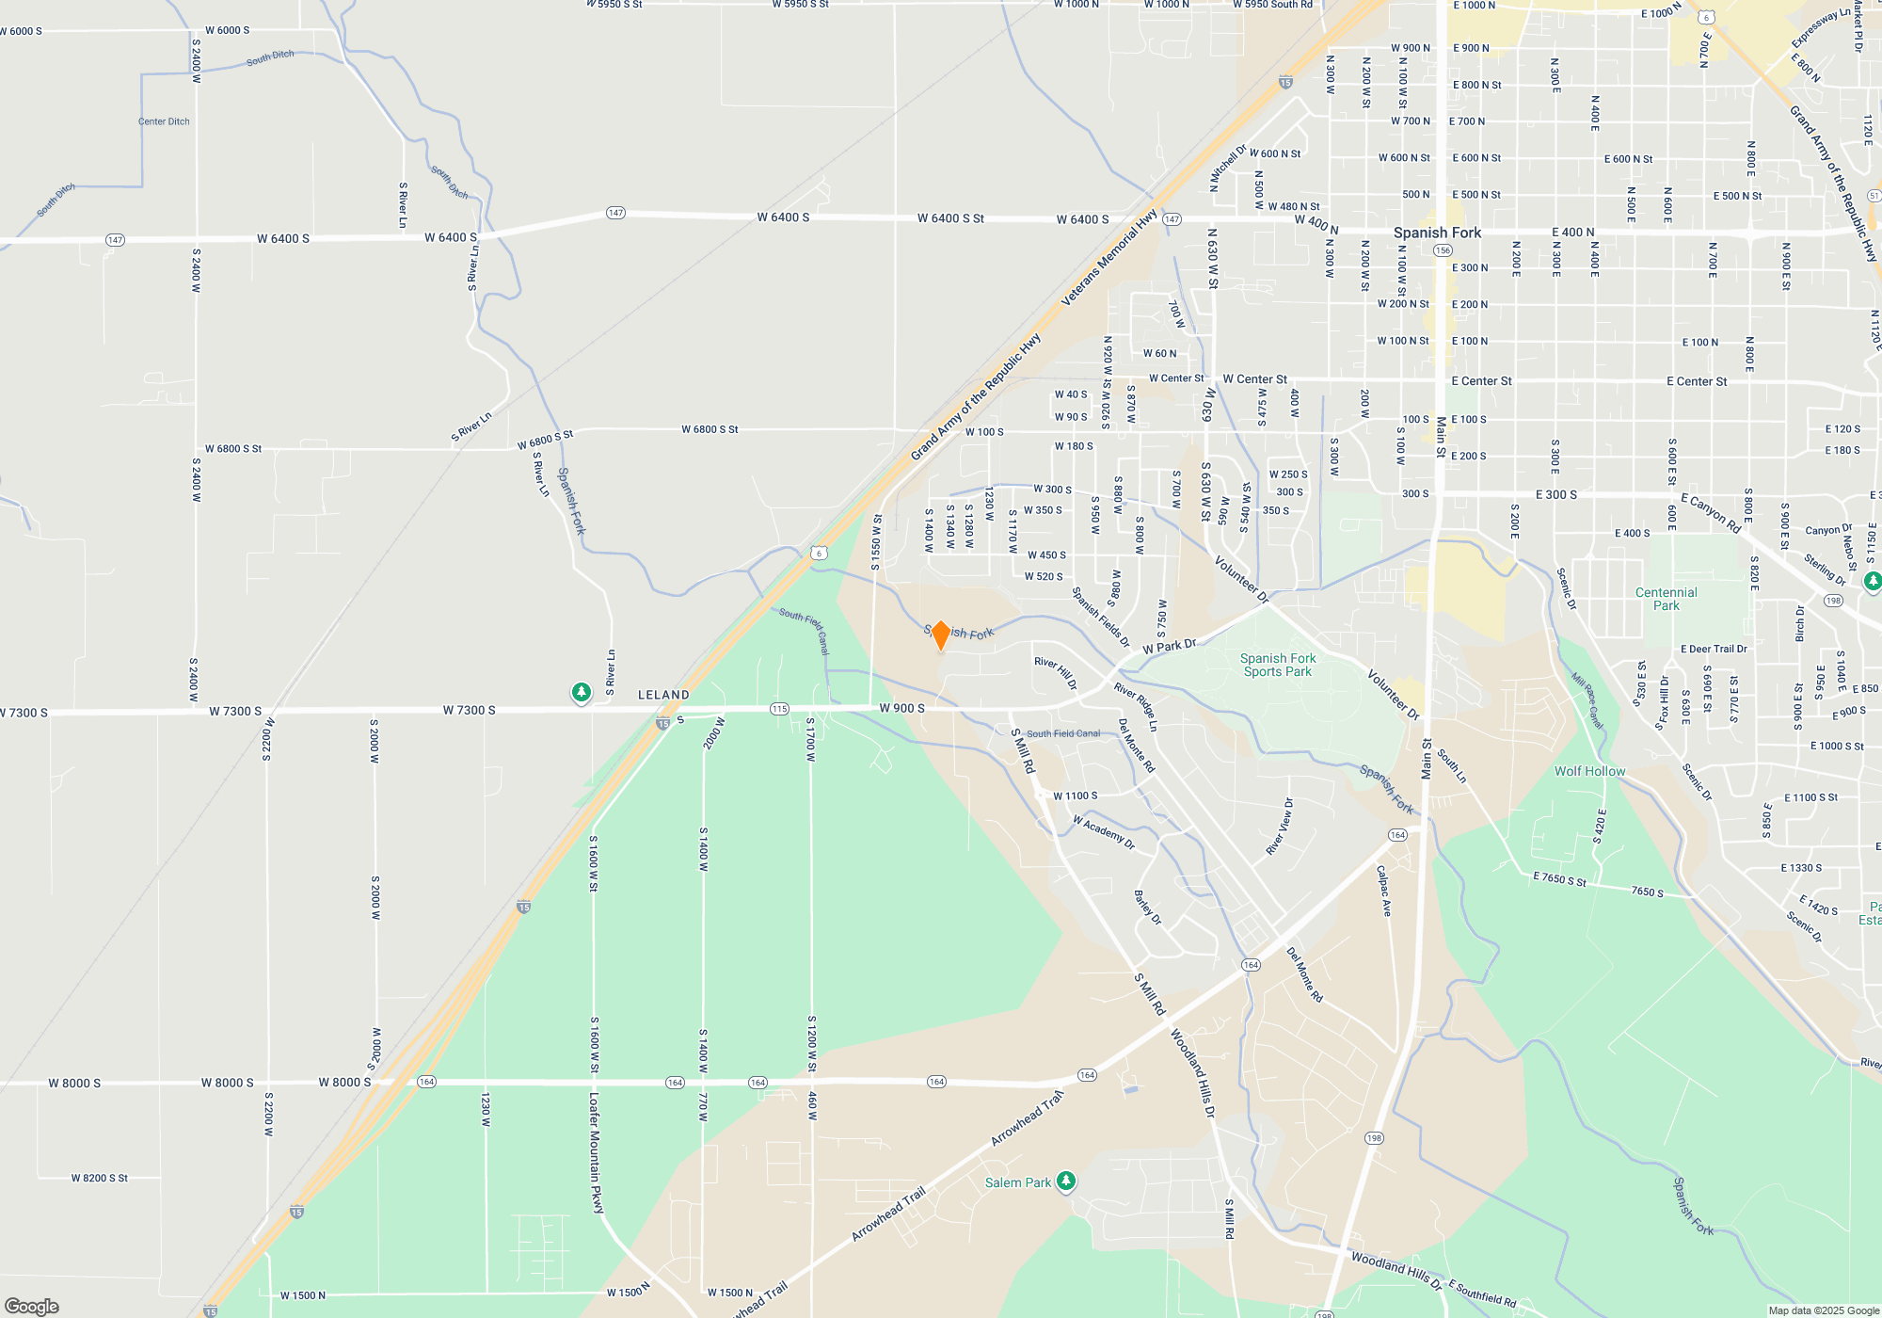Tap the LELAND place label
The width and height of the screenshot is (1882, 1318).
tap(663, 695)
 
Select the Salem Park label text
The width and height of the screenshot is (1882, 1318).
tap(1017, 1182)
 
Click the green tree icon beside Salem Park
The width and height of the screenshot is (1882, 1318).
tap(1065, 1181)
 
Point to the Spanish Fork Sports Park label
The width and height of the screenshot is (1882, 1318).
tap(1277, 665)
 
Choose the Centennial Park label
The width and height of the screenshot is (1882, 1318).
tap(1666, 599)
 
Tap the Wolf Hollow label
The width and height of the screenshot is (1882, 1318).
tap(1589, 771)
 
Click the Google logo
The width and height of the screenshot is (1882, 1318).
tap(32, 1306)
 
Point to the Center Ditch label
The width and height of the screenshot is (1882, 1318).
tap(164, 121)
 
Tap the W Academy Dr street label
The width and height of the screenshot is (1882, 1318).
tap(1104, 832)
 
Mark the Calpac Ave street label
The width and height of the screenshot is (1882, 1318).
tap(1383, 891)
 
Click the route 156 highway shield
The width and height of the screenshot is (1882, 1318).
tap(1443, 250)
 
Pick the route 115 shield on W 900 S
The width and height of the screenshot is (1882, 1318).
tap(779, 709)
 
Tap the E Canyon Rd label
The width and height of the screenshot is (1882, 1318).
tap(1711, 513)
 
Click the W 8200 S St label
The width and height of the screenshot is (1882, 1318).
tap(99, 1178)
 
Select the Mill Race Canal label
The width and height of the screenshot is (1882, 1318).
tap(1587, 699)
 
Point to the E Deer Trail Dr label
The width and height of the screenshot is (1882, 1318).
tap(1714, 649)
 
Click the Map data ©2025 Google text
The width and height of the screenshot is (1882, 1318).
tap(1823, 1310)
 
